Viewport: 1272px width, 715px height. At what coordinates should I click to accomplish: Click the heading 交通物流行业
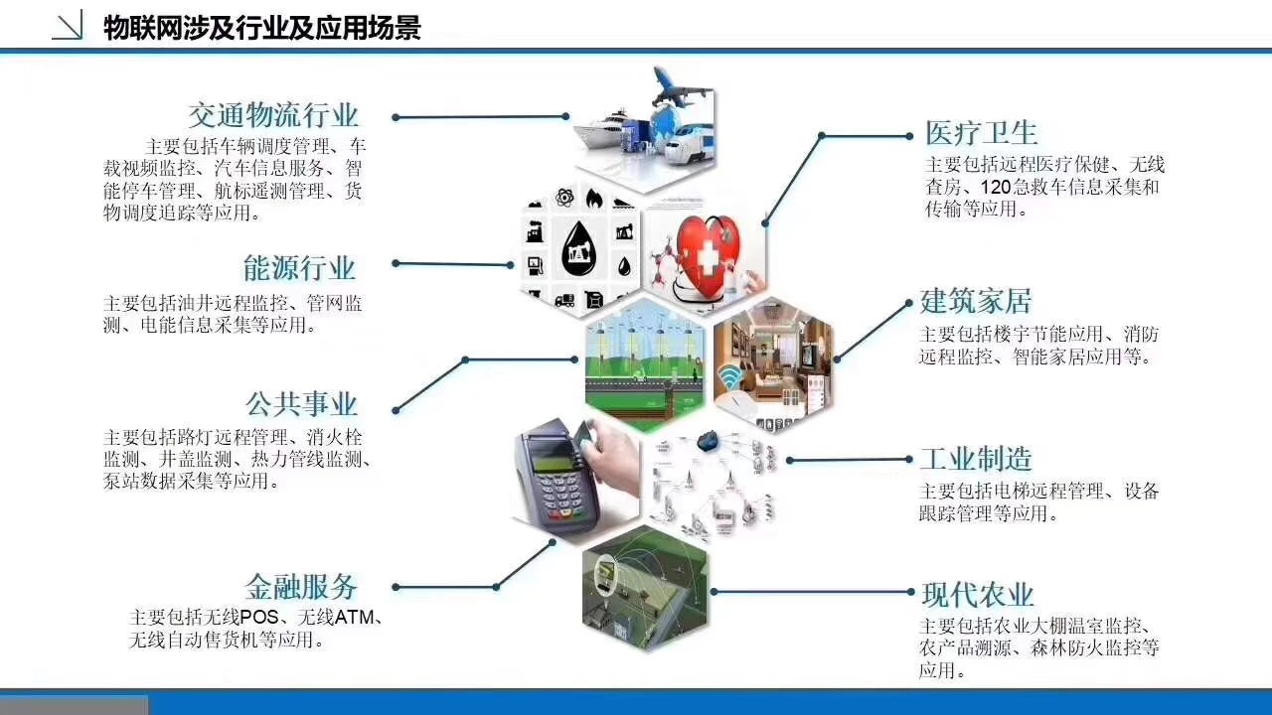point(273,116)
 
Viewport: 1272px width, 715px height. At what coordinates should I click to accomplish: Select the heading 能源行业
point(300,268)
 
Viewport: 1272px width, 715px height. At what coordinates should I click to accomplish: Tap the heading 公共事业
point(301,404)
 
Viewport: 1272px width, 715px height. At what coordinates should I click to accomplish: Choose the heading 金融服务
point(301,587)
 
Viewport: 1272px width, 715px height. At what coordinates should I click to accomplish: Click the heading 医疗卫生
point(981,133)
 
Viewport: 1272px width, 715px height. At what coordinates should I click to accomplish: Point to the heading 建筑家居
point(976,301)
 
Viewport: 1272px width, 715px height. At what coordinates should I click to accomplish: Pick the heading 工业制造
point(976,459)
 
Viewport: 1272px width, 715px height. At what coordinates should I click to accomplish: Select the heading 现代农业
point(978,595)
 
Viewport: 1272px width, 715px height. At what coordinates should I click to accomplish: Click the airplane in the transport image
point(679,88)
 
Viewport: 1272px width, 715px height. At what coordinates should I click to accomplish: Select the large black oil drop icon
point(579,249)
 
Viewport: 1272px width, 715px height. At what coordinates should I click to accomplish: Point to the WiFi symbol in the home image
point(729,378)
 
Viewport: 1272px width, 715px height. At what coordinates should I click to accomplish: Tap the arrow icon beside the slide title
point(69,26)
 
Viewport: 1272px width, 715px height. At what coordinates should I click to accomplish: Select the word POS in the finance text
point(259,617)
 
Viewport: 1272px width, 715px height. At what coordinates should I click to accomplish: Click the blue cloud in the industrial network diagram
point(708,441)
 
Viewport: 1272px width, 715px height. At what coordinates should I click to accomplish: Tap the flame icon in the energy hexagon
point(594,199)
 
